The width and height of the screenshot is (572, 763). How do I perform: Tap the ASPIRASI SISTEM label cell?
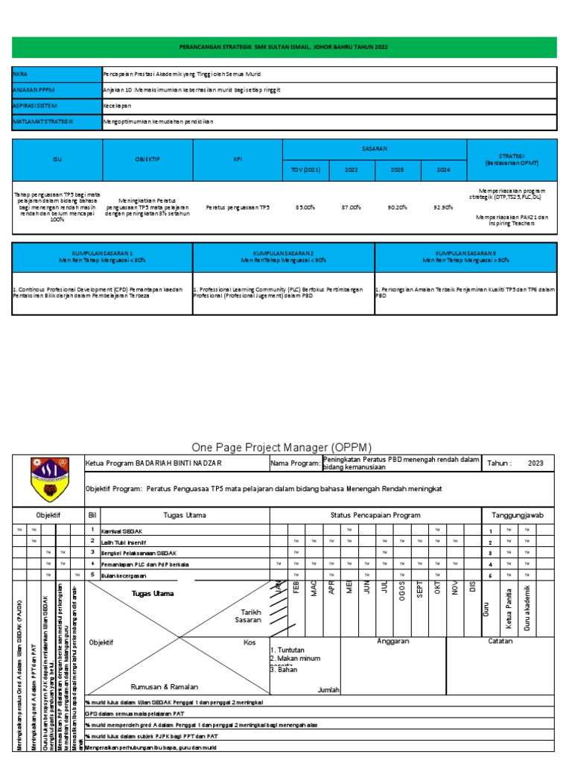(x=31, y=107)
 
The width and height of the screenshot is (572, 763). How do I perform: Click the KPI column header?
(x=238, y=159)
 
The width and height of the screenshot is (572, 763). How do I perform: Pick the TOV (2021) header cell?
(x=305, y=170)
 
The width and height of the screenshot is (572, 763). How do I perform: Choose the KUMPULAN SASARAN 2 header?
(x=283, y=257)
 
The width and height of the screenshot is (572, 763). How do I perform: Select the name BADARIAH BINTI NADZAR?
(x=178, y=463)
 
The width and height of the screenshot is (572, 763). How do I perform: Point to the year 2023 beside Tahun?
(x=536, y=463)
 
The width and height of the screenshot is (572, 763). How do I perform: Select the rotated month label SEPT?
(x=420, y=598)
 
